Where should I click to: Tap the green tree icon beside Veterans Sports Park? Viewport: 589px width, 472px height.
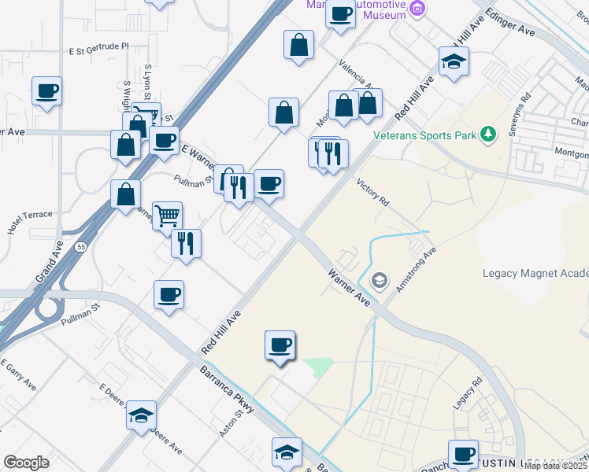(x=489, y=135)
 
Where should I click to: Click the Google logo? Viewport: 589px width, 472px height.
(x=26, y=463)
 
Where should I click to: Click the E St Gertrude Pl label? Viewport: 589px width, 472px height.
(x=98, y=47)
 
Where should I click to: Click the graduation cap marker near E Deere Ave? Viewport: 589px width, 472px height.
(x=141, y=415)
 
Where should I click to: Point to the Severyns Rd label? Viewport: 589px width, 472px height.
(x=520, y=116)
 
